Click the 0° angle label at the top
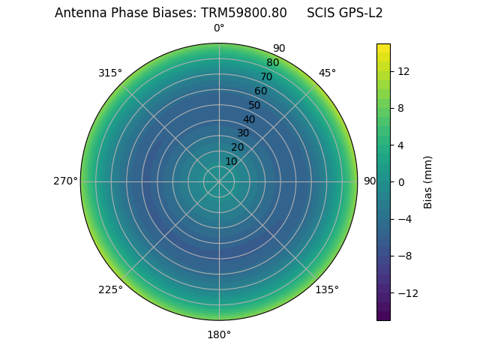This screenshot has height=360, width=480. tap(219, 28)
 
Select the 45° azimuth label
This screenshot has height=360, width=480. tap(327, 73)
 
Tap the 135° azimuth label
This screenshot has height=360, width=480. tap(326, 289)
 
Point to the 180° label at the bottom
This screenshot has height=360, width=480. tap(219, 334)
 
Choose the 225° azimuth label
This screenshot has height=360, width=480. tap(110, 289)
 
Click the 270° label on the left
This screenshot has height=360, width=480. tap(65, 181)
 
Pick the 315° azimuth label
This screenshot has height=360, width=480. tap(110, 73)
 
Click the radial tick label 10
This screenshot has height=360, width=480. tap(231, 161)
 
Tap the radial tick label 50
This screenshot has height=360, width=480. tap(255, 105)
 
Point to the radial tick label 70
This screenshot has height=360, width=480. tap(267, 76)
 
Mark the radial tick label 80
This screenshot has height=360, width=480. tap(273, 63)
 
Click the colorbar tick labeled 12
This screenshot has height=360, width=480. tap(403, 71)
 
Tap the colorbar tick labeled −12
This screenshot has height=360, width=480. tap(406, 292)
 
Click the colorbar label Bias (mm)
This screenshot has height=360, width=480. tap(428, 181)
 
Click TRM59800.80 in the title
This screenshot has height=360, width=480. tap(244, 13)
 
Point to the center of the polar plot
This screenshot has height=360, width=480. tap(219, 181)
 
